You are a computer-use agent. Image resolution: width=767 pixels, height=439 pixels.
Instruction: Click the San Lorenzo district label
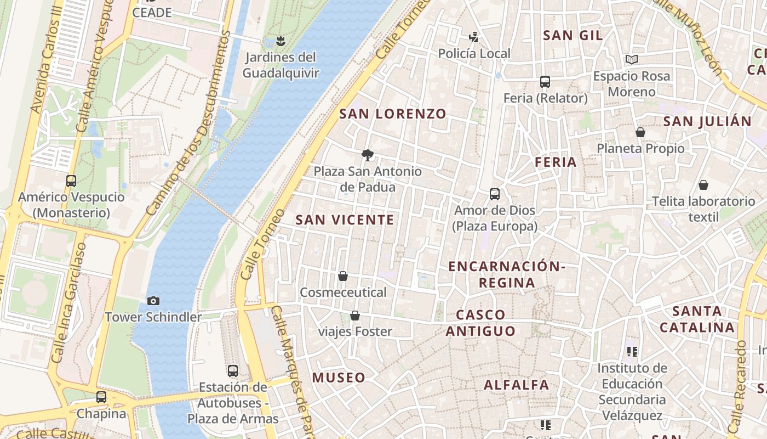[x=393, y=114]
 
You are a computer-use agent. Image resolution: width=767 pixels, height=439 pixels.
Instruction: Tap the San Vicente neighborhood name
[x=345, y=220]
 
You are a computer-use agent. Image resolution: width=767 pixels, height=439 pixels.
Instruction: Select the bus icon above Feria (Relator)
[x=545, y=82]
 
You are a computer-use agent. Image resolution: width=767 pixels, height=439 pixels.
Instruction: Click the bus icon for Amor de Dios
[x=495, y=194]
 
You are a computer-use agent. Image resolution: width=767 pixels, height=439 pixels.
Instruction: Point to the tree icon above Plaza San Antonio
[x=367, y=155]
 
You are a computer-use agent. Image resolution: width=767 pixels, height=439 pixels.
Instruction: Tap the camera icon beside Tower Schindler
[x=153, y=301]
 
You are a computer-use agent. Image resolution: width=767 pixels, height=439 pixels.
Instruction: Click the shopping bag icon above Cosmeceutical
[x=343, y=276]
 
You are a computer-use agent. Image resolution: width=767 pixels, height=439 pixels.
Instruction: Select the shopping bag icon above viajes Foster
[x=355, y=316]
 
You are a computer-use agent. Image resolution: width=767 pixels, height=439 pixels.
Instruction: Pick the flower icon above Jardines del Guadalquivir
[x=281, y=41]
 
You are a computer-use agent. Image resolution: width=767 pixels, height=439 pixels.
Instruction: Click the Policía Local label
[x=474, y=53]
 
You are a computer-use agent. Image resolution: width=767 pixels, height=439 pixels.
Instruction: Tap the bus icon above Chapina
[x=101, y=397]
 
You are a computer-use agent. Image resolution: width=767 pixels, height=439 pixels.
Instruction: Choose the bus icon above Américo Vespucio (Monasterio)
[x=71, y=181]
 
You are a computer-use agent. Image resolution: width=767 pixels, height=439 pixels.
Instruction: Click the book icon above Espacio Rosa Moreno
[x=631, y=59]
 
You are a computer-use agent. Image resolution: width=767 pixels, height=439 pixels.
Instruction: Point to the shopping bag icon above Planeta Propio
[x=640, y=132]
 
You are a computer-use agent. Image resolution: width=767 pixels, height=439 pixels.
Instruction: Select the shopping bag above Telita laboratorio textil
[x=703, y=185]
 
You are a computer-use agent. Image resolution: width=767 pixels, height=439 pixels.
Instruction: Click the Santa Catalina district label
[x=696, y=319]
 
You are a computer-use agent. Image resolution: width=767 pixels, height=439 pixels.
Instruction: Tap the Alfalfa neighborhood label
[x=516, y=385]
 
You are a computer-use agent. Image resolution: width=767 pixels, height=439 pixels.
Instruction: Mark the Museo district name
[x=339, y=378]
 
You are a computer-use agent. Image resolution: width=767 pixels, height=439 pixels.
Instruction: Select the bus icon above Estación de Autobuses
[x=233, y=371]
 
